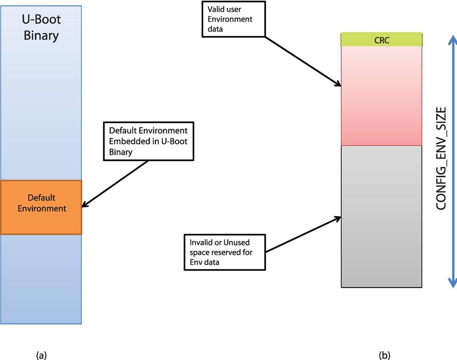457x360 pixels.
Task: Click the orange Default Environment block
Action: (41, 207)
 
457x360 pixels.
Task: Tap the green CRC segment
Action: (381, 40)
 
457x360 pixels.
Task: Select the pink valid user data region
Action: (381, 95)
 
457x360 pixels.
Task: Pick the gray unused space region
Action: (381, 216)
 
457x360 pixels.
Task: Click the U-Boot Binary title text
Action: (41, 28)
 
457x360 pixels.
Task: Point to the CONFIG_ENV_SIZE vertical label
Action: (441, 159)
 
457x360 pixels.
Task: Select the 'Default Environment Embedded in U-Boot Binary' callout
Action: (148, 141)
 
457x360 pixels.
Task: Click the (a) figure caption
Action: (41, 355)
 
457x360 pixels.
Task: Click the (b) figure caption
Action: (385, 355)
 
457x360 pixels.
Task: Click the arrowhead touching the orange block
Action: (85, 206)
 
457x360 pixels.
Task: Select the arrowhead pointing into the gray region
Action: (338, 219)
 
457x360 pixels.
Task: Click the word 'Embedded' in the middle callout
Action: (127, 141)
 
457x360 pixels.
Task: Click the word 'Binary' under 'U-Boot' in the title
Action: (41, 35)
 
